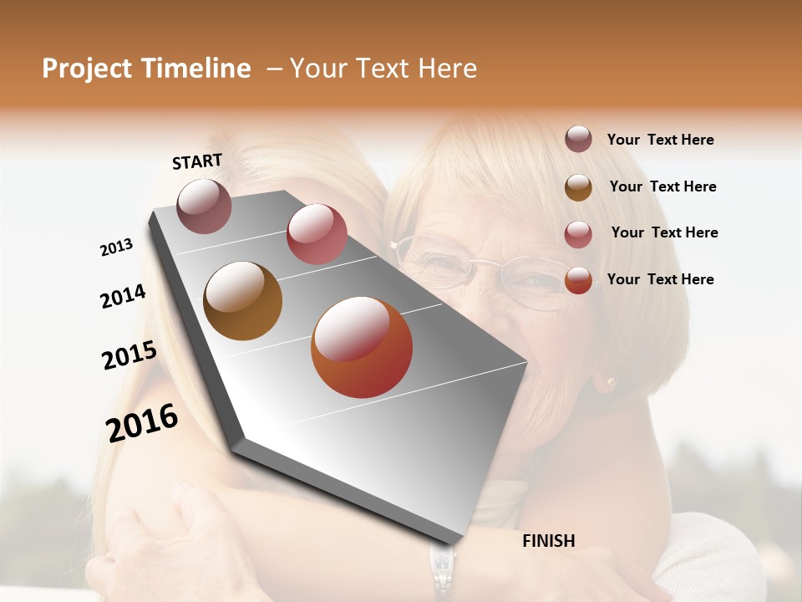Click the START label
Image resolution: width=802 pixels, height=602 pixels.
click(197, 161)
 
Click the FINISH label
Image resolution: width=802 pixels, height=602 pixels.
click(548, 541)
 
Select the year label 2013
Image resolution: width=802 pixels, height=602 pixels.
click(117, 247)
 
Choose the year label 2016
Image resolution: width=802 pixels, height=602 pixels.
click(142, 423)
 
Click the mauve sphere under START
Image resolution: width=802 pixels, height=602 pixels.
click(204, 206)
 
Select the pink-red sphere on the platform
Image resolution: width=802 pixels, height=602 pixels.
click(317, 234)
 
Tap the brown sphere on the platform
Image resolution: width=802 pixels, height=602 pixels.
click(242, 301)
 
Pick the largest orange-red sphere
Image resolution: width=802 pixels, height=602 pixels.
click(362, 347)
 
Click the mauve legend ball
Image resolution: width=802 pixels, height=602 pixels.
click(578, 139)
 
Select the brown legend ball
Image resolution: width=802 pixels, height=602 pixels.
click(578, 187)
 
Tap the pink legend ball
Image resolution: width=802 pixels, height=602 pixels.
click(578, 234)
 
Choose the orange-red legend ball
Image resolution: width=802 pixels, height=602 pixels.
click(578, 280)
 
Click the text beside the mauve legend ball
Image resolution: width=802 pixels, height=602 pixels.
click(660, 140)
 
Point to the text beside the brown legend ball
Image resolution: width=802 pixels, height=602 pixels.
click(662, 186)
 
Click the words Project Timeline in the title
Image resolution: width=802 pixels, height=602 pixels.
click(146, 69)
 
